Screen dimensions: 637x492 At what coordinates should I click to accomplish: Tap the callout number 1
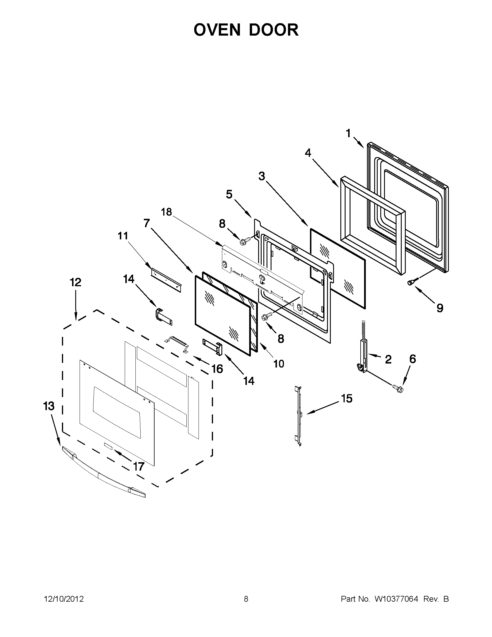tap(348, 133)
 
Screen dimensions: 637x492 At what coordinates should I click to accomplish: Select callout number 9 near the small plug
tap(440, 308)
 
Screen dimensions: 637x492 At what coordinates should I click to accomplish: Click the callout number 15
tap(347, 398)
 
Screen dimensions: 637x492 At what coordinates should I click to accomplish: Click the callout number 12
tap(76, 282)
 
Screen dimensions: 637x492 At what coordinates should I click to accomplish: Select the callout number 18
tap(166, 212)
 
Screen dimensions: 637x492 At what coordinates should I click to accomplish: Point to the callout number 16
tap(217, 369)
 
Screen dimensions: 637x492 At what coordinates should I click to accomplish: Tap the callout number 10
tap(279, 364)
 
